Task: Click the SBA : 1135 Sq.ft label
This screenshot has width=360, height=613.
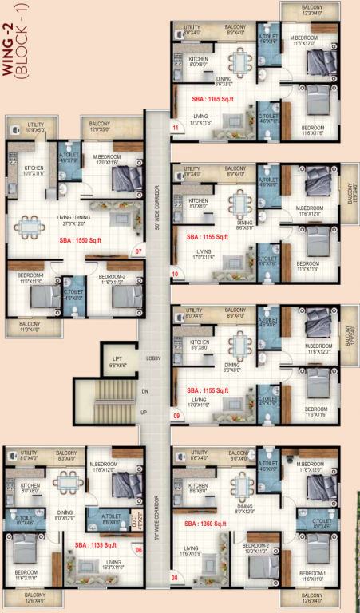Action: (94, 545)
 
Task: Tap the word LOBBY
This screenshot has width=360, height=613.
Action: (154, 358)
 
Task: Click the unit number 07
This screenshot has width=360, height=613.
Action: (138, 251)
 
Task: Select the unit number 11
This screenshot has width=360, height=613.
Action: (176, 127)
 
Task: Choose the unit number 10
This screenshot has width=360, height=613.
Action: (176, 274)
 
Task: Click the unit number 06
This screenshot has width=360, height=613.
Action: (138, 549)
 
